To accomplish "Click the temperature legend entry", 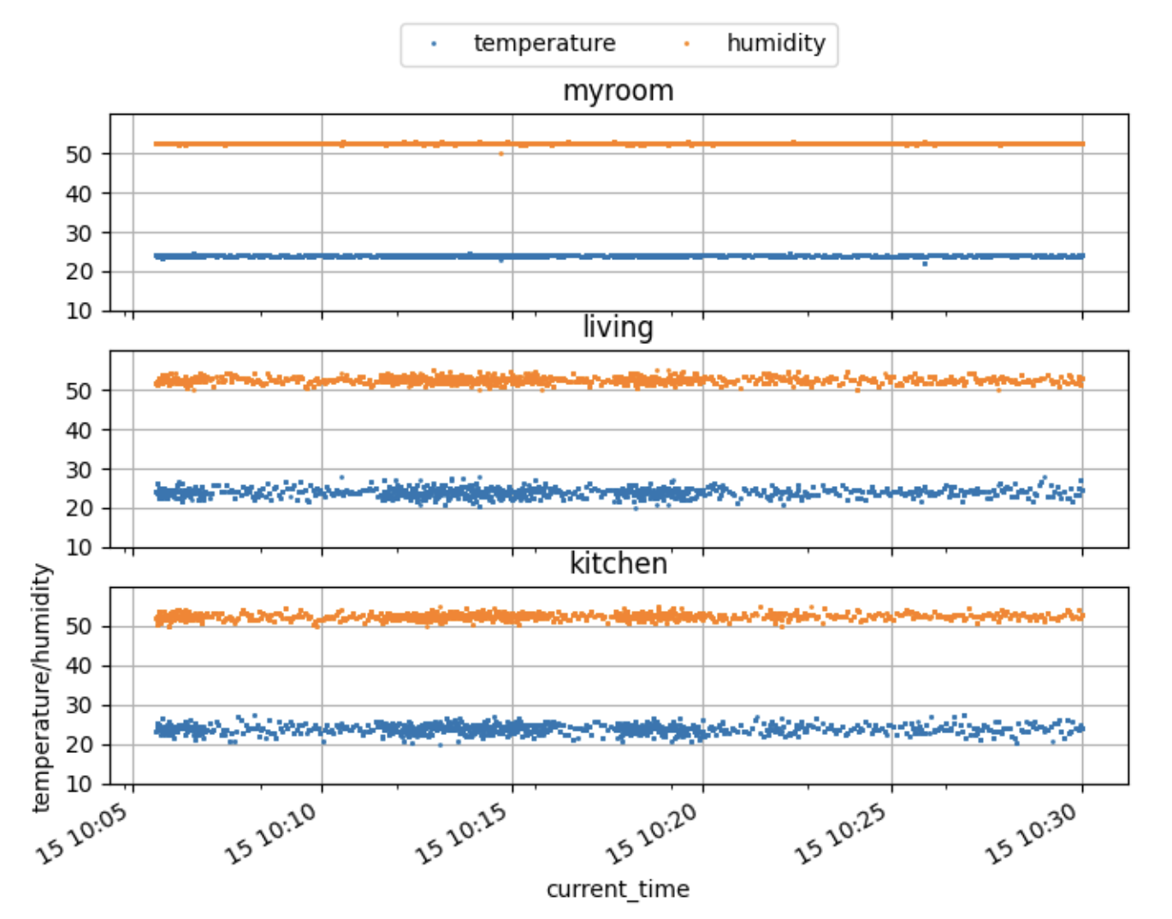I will click(544, 44).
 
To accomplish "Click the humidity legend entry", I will click(775, 44).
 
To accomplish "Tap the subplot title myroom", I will click(618, 91).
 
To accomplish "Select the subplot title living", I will click(618, 328).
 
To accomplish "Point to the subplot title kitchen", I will click(618, 564).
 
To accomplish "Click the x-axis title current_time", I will click(618, 889).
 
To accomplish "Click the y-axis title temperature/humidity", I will click(41, 687).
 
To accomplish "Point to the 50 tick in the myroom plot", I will click(79, 155).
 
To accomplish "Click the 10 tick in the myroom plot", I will click(79, 311).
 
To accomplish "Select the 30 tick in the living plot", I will click(79, 470).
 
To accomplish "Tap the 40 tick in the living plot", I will click(79, 430).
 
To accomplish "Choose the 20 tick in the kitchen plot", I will click(79, 745).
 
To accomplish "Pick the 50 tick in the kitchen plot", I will click(79, 627).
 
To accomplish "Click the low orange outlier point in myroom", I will click(501, 154).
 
